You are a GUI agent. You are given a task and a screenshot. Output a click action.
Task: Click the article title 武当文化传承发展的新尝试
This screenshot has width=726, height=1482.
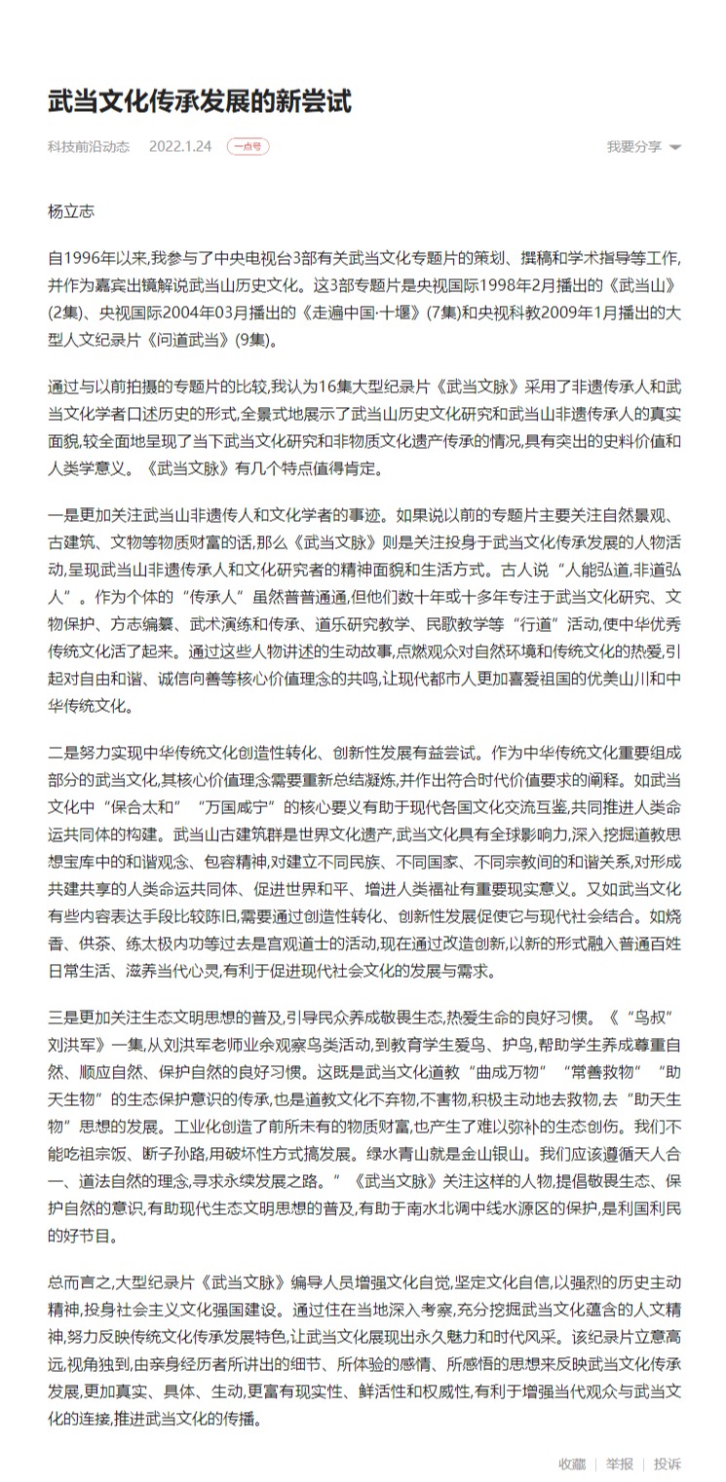200,100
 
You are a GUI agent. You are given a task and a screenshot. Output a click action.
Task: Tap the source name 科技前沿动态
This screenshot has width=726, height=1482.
89,147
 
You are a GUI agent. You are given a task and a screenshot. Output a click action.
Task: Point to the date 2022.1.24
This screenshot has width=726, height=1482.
180,147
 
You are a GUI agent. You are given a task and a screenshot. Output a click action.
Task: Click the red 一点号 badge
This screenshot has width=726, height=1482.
248,147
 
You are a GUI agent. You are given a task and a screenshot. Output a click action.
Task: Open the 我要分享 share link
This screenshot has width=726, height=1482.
634,147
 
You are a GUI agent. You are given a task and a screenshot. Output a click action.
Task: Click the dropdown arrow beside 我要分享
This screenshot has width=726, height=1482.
675,148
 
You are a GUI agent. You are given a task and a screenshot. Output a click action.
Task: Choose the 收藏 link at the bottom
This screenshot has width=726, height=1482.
572,1463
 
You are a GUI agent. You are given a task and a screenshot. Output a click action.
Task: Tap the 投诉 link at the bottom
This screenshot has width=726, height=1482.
668,1463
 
